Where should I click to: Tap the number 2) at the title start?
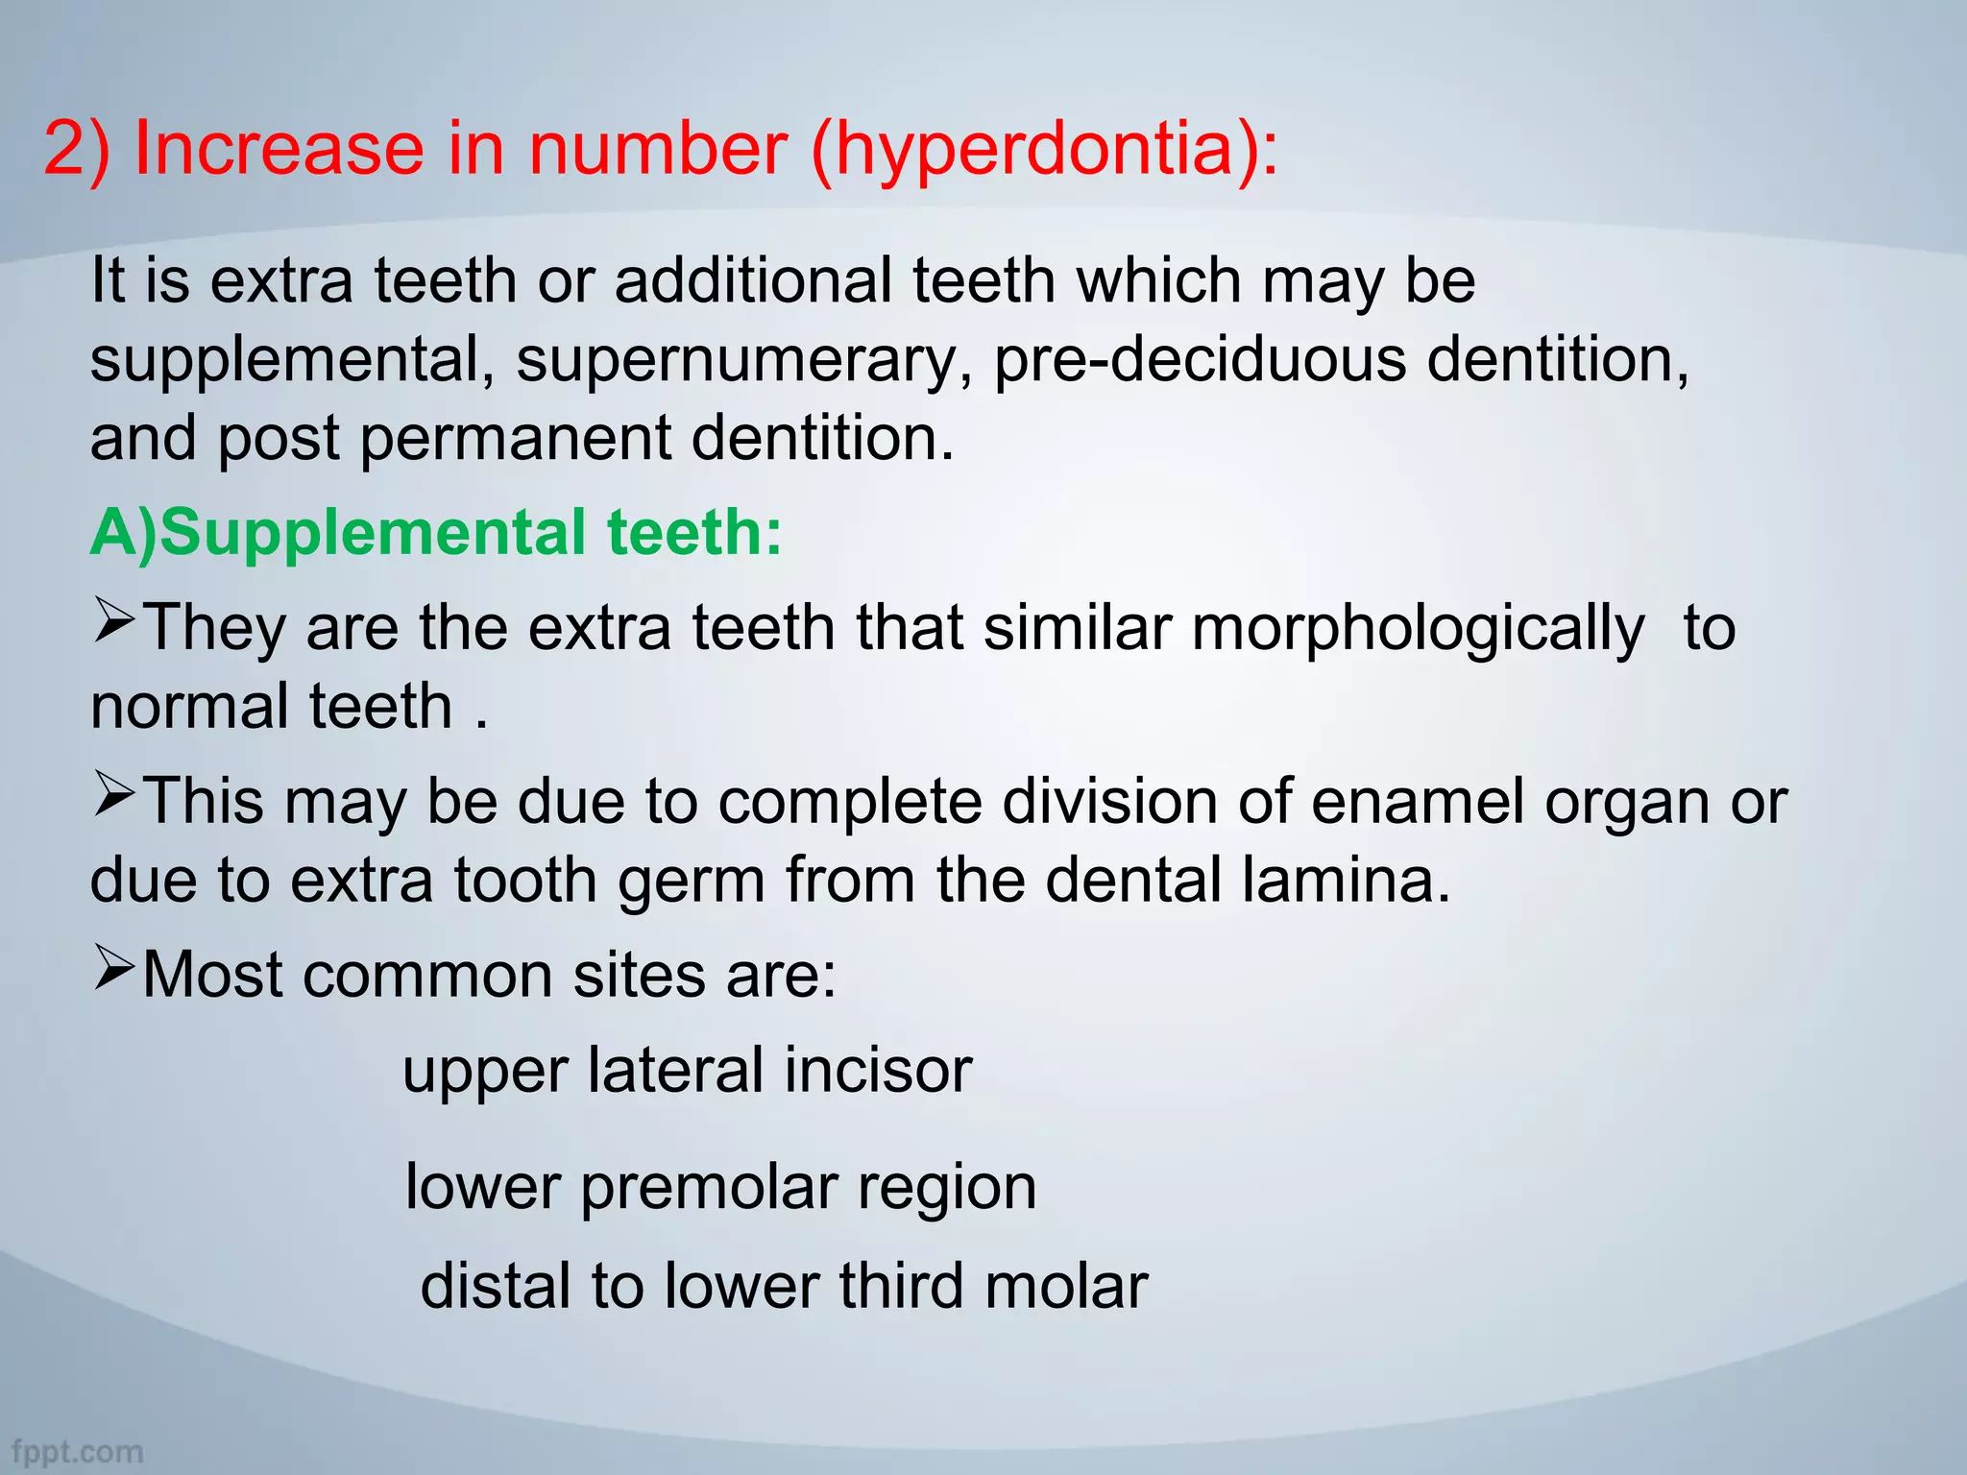(77, 150)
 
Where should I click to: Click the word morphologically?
(1418, 630)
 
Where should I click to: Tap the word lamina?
(1345, 880)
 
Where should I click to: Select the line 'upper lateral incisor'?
(687, 1070)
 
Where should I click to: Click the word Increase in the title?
(279, 150)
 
